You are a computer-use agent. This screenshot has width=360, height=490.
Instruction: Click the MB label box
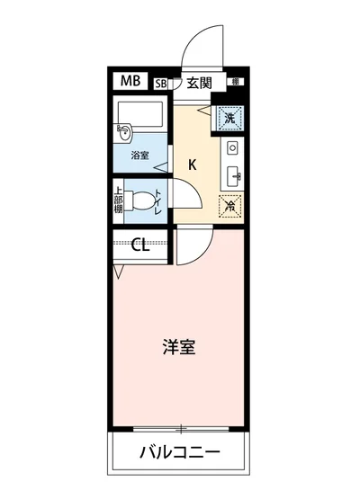130,82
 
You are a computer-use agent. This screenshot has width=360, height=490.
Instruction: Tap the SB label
161,84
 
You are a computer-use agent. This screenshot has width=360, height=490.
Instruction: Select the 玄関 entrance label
199,84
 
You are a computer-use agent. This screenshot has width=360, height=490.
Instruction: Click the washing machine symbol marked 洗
229,118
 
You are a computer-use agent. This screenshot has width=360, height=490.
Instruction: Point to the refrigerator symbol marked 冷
229,206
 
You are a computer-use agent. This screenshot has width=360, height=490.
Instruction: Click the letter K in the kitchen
193,164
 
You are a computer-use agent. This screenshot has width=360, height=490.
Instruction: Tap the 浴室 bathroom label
139,156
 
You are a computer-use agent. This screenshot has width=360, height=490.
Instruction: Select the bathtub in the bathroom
140,115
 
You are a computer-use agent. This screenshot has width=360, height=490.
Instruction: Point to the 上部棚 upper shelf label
118,200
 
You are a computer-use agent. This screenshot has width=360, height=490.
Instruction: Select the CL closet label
140,245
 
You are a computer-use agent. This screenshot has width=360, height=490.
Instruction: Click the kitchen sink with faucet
231,174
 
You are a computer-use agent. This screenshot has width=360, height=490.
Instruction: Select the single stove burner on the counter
231,146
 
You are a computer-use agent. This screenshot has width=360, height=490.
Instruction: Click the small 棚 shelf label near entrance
235,82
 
